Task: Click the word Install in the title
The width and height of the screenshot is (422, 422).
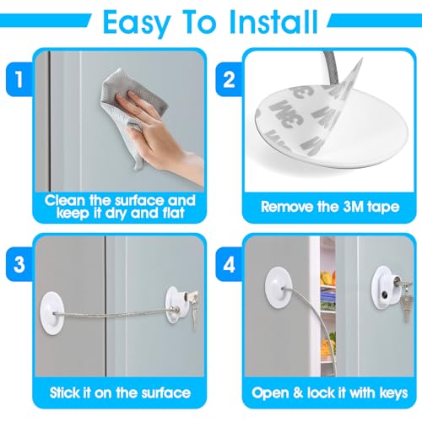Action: point(273,22)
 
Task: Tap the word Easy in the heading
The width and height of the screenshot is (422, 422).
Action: point(137,24)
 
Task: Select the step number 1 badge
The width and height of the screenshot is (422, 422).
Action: point(19,79)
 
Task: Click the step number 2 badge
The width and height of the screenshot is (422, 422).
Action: point(229,79)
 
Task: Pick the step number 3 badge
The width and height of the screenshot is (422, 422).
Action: point(19,264)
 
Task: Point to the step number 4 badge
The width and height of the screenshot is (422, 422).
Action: point(229,264)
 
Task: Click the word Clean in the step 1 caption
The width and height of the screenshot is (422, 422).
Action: point(65,200)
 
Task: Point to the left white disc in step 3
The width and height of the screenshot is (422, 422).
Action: point(52,313)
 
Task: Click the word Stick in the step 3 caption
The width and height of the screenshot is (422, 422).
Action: point(65,392)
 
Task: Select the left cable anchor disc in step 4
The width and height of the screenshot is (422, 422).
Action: point(277,288)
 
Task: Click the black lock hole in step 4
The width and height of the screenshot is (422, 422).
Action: point(384,295)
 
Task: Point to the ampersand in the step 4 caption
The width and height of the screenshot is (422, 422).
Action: point(298,392)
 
